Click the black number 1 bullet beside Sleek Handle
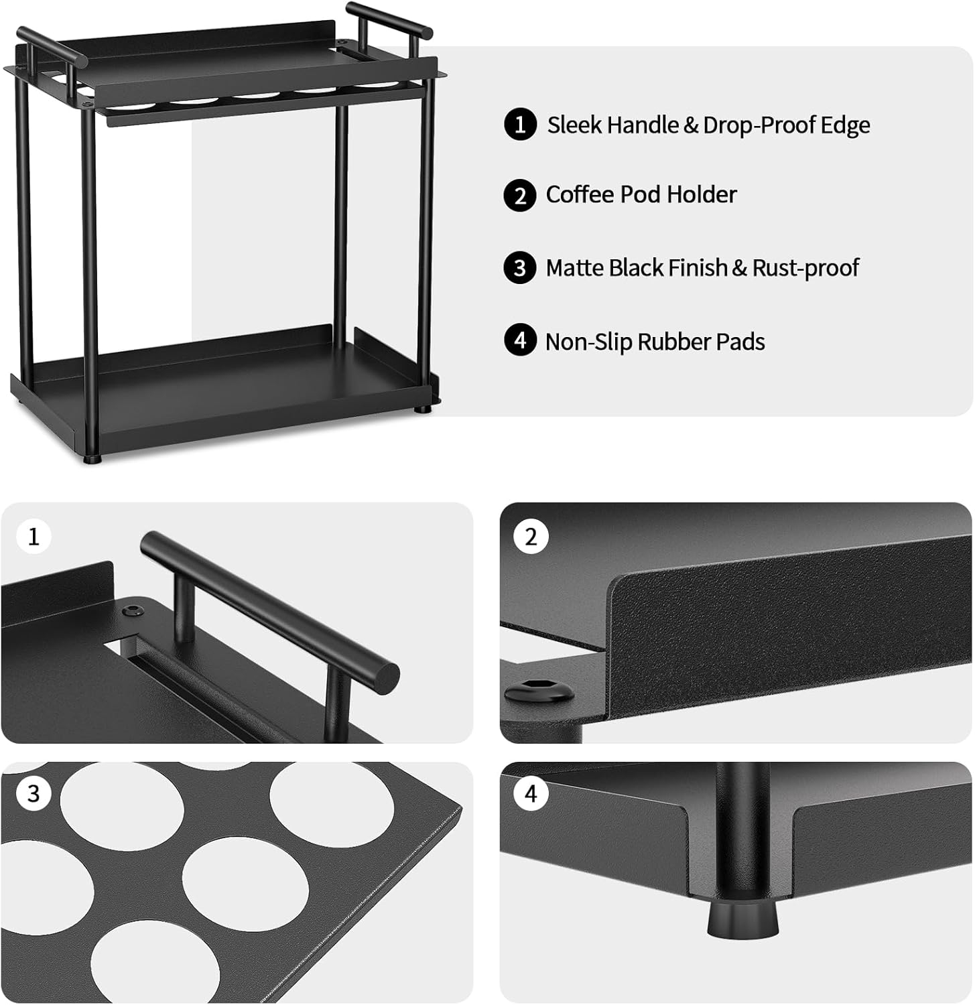(520, 125)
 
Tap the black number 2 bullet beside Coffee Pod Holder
(520, 196)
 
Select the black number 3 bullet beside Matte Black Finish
(520, 268)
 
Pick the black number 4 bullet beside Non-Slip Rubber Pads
(520, 340)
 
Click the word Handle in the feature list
(643, 125)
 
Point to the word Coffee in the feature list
(580, 194)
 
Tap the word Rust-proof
(805, 268)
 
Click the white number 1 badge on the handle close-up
(34, 537)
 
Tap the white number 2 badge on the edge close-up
(531, 537)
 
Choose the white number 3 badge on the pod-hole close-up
(34, 794)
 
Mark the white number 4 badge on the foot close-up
(531, 794)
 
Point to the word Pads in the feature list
(740, 342)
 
